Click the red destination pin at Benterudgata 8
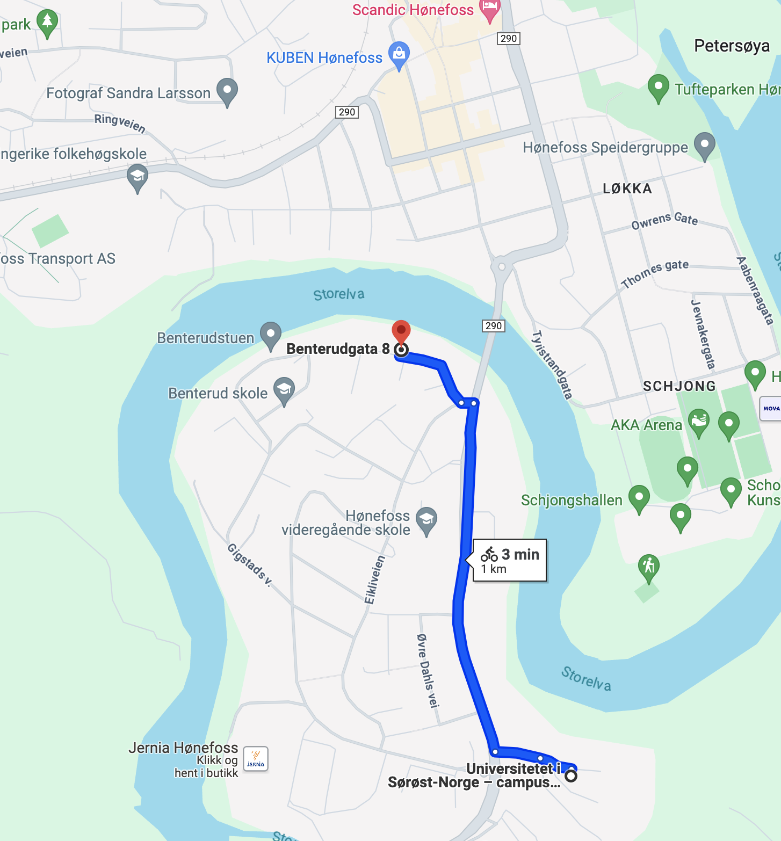(x=401, y=332)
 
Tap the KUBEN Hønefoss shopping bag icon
(x=399, y=54)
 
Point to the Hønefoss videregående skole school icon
(x=426, y=519)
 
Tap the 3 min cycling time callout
(x=509, y=560)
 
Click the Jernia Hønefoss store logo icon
(x=256, y=759)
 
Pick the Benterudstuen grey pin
(x=271, y=335)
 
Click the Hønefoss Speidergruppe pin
(x=704, y=144)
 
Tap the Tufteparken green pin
(x=658, y=87)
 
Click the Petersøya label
(x=732, y=46)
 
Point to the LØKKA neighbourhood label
(x=627, y=189)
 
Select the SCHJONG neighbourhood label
(x=679, y=386)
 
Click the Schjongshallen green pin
(x=639, y=497)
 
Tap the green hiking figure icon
(x=649, y=566)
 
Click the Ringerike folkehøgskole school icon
(x=138, y=177)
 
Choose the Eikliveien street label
(x=375, y=580)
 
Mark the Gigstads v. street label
(x=249, y=564)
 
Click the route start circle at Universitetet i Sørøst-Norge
(x=571, y=775)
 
